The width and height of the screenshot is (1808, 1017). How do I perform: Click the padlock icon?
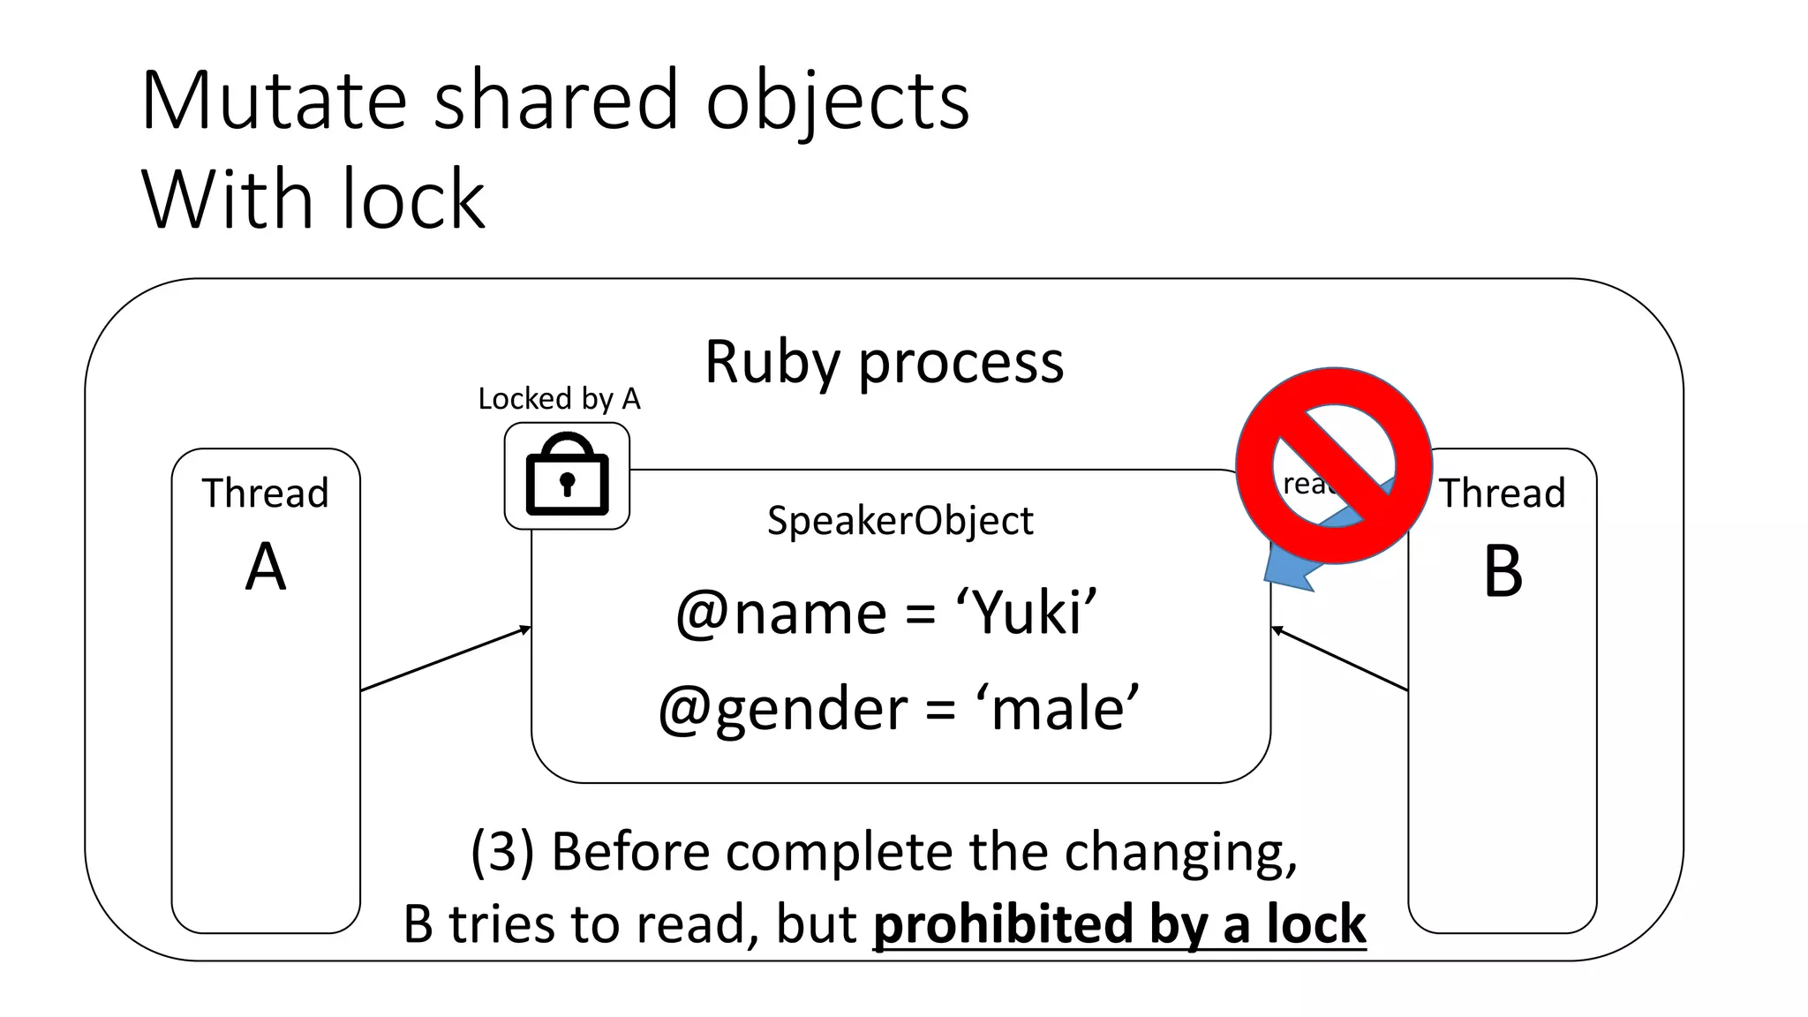pos(567,475)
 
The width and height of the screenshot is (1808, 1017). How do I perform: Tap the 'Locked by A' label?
pos(559,399)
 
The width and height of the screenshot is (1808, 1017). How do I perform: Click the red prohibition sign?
pos(1333,465)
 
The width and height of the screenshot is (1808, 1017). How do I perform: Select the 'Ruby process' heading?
pos(884,362)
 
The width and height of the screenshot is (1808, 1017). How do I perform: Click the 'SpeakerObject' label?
pos(900,521)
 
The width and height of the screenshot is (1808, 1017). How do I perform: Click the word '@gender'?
pos(782,709)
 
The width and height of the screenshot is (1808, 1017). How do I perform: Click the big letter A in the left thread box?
pos(266,568)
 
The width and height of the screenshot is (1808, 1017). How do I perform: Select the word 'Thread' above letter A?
pos(265,493)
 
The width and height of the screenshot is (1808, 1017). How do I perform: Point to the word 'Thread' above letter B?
pos(1503,493)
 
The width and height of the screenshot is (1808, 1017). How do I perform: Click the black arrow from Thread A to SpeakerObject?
pos(446,659)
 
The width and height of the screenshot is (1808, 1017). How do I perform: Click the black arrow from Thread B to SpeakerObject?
pos(1339,659)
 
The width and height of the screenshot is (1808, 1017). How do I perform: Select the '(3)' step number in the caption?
pos(502,852)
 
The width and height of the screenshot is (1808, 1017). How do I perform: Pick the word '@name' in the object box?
pos(781,613)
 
